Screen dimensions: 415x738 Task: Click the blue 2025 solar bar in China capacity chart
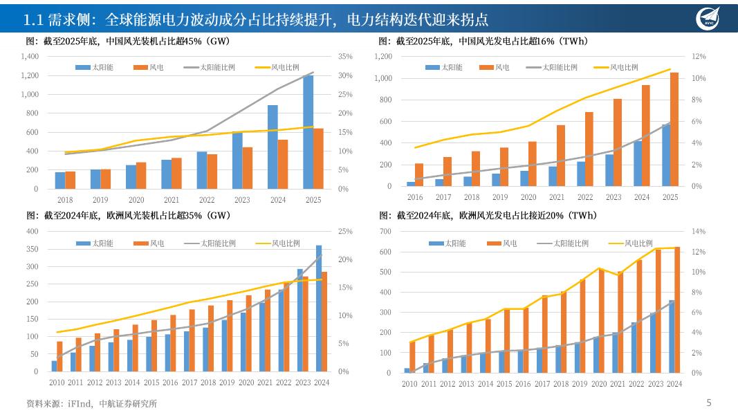point(308,132)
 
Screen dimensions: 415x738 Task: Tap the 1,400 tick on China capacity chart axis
point(30,56)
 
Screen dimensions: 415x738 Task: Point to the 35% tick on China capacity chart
point(345,56)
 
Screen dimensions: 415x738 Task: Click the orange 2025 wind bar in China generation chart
point(674,129)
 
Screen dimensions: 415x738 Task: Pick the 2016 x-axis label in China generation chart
point(415,197)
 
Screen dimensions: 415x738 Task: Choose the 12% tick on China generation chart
point(699,56)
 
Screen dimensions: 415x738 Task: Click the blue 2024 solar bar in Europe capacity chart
point(319,308)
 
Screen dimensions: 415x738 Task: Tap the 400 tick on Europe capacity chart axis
point(32,231)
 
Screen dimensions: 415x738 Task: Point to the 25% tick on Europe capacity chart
point(345,231)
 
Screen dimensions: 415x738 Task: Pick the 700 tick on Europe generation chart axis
point(384,231)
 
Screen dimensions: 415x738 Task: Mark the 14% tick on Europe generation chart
point(698,231)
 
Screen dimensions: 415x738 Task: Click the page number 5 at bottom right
point(708,403)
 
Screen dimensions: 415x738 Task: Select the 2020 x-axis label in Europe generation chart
point(599,384)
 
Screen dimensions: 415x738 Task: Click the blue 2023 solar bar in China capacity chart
point(237,160)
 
